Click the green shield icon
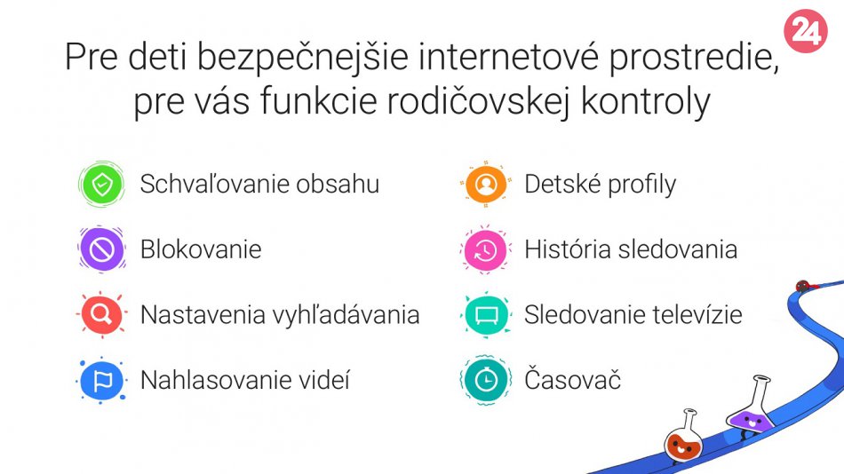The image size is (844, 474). [102, 184]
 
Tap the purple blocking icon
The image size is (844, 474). [102, 249]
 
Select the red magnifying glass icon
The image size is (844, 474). [102, 314]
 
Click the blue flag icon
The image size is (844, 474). [102, 381]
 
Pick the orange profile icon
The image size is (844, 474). [485, 184]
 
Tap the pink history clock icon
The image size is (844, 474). [485, 249]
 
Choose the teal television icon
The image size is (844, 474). [485, 315]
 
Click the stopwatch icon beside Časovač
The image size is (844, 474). [485, 381]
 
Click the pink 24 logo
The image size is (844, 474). [805, 31]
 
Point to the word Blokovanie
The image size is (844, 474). [201, 249]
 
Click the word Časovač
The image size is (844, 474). [573, 379]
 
